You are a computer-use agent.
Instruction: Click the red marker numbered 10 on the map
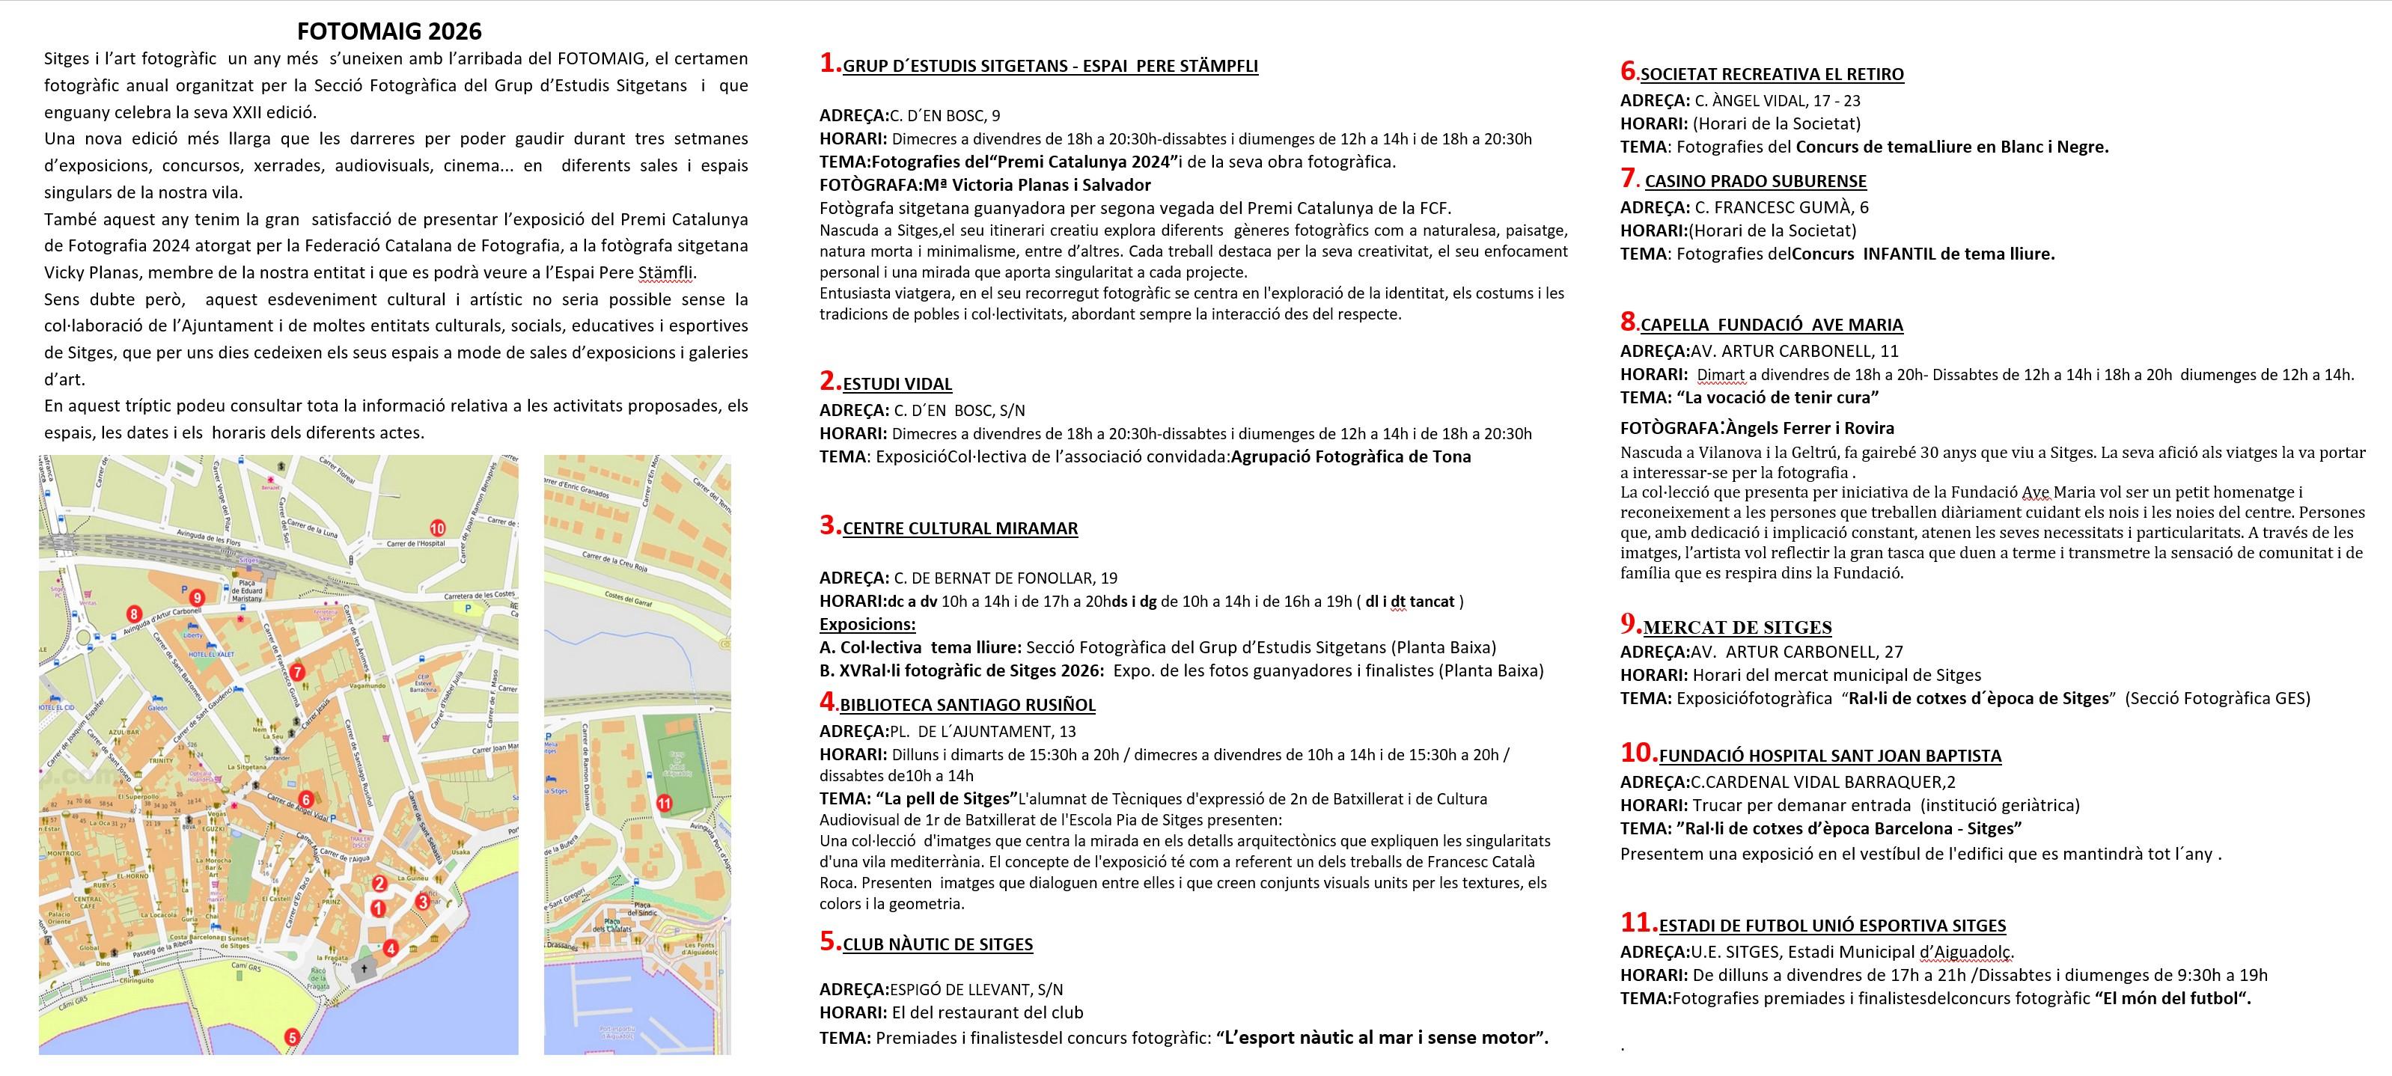437,528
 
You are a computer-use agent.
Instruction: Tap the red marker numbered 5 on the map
292,1038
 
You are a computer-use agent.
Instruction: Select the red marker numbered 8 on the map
135,614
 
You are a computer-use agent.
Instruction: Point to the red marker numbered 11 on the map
664,803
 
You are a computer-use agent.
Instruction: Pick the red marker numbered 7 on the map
297,672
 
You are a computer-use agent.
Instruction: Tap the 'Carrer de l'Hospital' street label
416,543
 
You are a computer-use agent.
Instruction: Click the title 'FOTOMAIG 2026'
389,31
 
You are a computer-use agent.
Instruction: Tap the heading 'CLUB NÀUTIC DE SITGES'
937,944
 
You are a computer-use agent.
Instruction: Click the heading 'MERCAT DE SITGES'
1736,628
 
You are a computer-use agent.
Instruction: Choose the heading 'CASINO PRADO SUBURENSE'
1755,181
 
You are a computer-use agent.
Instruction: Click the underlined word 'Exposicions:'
867,624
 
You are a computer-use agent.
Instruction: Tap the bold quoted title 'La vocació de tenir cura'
1778,397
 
